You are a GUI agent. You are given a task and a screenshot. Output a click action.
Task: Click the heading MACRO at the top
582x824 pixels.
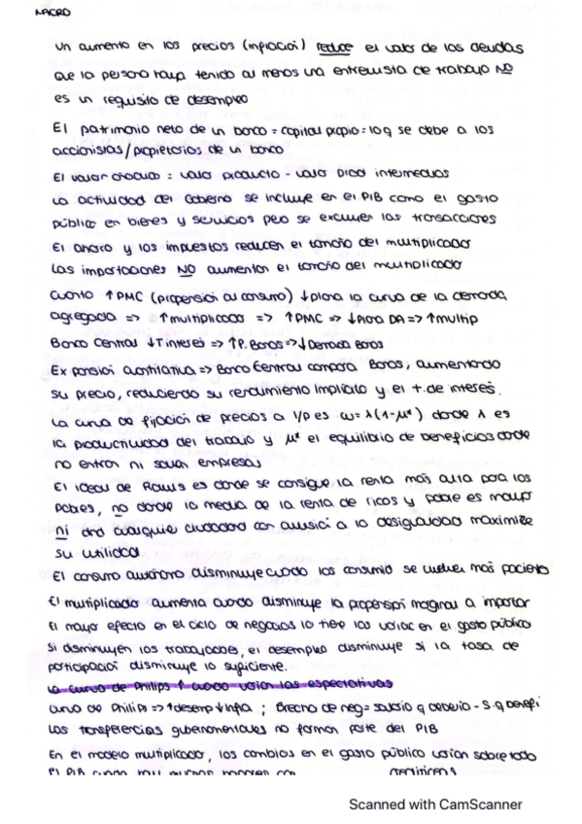46,15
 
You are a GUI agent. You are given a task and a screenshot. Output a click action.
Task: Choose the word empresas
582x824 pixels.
231,465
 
